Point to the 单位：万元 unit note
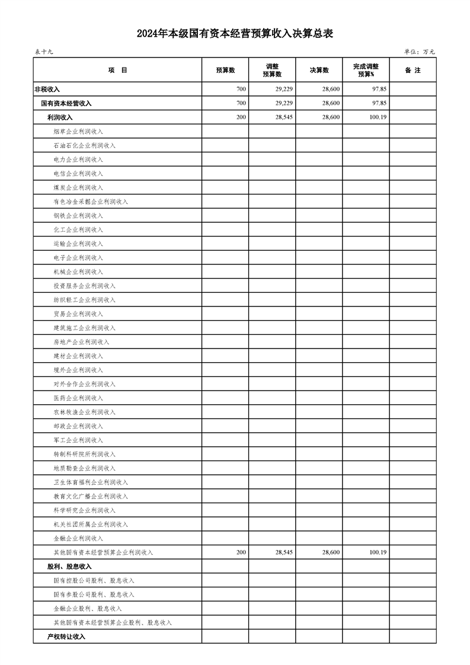420,52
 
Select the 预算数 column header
225,71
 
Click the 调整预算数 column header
272,71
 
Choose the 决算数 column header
319,71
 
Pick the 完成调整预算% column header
366,71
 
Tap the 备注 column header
413,71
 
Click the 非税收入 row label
47,89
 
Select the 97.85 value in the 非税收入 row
379,89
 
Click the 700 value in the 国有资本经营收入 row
241,104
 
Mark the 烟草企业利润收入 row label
78,132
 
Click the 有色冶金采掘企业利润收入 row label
90,202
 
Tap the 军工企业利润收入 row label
78,440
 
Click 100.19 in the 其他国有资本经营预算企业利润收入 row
378,552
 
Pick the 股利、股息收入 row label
69,567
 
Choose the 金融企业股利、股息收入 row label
87,609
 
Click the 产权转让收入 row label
66,637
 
